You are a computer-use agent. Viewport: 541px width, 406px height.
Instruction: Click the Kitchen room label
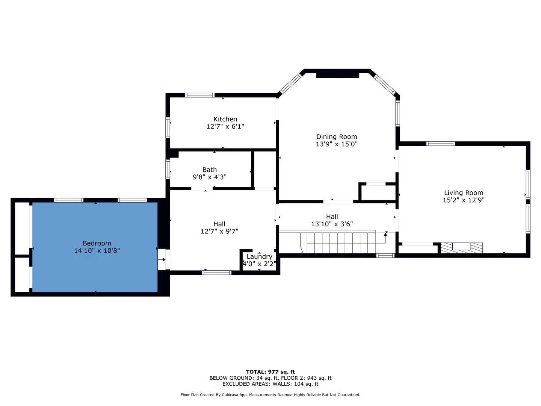(x=225, y=119)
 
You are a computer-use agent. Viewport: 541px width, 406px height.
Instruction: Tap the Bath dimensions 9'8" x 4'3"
(x=210, y=177)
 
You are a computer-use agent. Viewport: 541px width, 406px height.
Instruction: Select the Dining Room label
(x=337, y=137)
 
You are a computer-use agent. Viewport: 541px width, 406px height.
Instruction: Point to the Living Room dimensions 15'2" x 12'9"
(x=464, y=200)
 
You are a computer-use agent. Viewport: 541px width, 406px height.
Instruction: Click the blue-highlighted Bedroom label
(x=97, y=243)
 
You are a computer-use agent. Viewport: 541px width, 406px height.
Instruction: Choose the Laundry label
(x=259, y=256)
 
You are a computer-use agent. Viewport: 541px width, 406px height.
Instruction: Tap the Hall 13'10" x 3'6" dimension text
(x=332, y=224)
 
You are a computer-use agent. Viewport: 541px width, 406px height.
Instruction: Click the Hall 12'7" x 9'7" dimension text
(x=219, y=231)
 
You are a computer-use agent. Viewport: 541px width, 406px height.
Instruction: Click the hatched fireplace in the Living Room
(x=462, y=248)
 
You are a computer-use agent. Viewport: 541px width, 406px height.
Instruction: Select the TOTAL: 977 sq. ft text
(x=270, y=372)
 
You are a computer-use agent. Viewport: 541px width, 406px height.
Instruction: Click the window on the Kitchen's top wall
(x=200, y=95)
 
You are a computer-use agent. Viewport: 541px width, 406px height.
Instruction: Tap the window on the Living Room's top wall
(x=440, y=144)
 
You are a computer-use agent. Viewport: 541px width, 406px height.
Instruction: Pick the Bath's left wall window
(x=168, y=169)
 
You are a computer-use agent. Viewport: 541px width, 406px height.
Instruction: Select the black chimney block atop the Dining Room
(x=337, y=76)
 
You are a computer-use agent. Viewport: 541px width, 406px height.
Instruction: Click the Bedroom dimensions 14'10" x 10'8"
(x=97, y=250)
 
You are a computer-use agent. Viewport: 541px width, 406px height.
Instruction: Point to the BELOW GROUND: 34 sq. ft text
(x=243, y=378)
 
